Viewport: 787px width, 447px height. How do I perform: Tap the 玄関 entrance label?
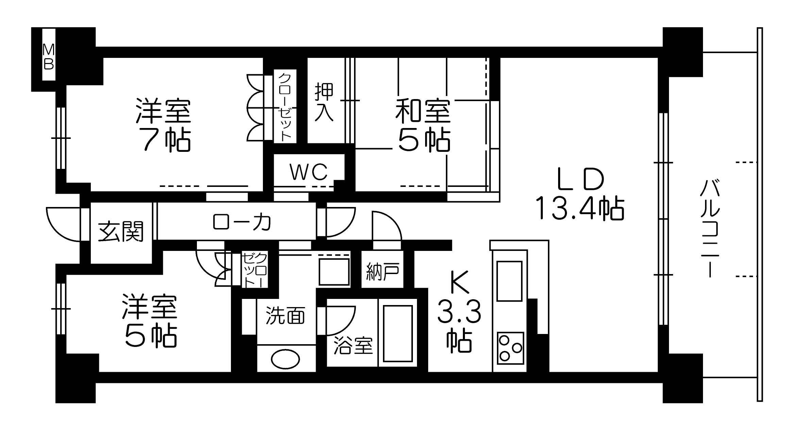click(121, 232)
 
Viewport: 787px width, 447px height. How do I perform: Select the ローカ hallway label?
click(242, 222)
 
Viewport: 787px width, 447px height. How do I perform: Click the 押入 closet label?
click(324, 102)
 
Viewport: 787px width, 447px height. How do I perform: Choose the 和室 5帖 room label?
click(423, 125)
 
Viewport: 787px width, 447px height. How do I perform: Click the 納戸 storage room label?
click(382, 271)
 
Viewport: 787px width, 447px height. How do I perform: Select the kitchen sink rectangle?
click(509, 281)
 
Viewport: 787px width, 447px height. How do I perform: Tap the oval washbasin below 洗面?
click(285, 360)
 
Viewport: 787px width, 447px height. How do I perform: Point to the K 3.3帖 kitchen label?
click(459, 312)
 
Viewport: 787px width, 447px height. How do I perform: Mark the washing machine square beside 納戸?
click(334, 272)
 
